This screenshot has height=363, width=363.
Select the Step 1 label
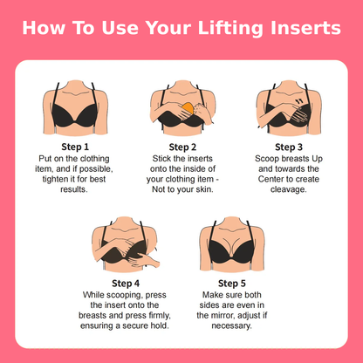click(75, 146)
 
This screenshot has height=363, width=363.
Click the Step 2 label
click(182, 146)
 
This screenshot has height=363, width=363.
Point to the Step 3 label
click(289, 146)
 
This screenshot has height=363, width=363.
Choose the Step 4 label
click(127, 283)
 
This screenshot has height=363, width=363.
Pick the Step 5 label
click(231, 283)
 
